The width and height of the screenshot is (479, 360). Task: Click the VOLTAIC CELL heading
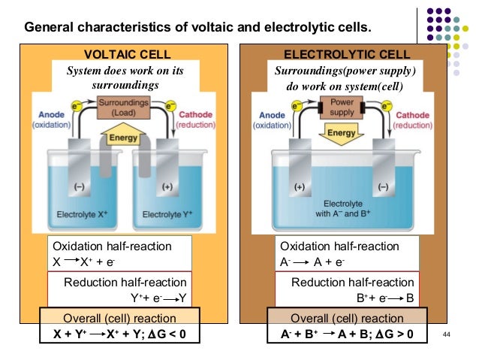click(128, 54)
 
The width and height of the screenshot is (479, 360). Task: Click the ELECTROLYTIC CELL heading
click(347, 54)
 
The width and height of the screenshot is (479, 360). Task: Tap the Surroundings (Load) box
click(124, 107)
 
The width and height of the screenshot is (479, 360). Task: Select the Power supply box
click(342, 107)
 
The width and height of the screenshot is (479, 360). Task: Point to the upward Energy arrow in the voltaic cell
click(123, 134)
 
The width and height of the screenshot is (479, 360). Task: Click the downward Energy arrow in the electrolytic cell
click(341, 134)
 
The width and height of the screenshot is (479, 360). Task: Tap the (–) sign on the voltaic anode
click(80, 186)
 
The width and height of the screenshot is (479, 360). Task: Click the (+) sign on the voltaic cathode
click(167, 186)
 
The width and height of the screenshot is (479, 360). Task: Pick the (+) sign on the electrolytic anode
click(300, 186)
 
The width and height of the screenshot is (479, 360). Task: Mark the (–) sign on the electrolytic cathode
click(384, 186)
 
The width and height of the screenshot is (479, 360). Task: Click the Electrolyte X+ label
click(82, 214)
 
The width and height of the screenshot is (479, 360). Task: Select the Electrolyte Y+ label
click(167, 214)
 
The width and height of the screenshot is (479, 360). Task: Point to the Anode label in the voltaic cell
click(51, 114)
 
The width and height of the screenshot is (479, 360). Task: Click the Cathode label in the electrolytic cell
click(412, 115)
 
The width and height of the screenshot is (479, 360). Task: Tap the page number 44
click(446, 334)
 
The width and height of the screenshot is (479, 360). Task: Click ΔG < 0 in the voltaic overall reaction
click(167, 334)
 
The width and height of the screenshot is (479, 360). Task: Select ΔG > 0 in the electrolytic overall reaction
click(394, 334)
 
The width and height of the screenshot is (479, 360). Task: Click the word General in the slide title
click(49, 27)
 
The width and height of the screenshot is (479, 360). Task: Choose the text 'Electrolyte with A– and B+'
click(343, 209)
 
